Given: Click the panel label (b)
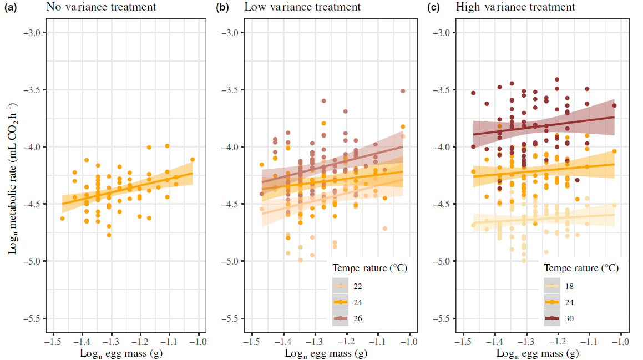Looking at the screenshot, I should (x=222, y=8).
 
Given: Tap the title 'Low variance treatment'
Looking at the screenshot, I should (x=302, y=7).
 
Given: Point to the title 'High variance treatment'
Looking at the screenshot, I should (x=515, y=7).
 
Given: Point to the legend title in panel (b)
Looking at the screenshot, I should (x=369, y=268).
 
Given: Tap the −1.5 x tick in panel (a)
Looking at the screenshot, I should (x=53, y=340).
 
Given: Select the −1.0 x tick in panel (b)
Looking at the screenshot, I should (x=409, y=340).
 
